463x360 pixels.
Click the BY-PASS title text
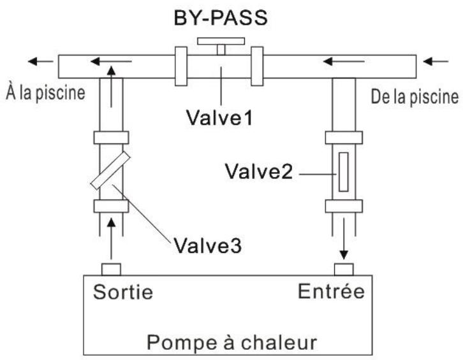pyautogui.click(x=220, y=18)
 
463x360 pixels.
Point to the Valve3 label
pyautogui.click(x=203, y=244)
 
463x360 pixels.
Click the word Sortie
pyautogui.click(x=124, y=292)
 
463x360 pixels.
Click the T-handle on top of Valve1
pyautogui.click(x=219, y=45)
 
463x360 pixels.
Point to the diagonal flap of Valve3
pyautogui.click(x=112, y=171)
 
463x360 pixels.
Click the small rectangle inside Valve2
pyautogui.click(x=343, y=171)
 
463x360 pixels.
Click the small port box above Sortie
pyautogui.click(x=112, y=268)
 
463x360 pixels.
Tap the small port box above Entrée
pyautogui.click(x=344, y=268)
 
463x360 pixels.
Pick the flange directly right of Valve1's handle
pyautogui.click(x=258, y=65)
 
